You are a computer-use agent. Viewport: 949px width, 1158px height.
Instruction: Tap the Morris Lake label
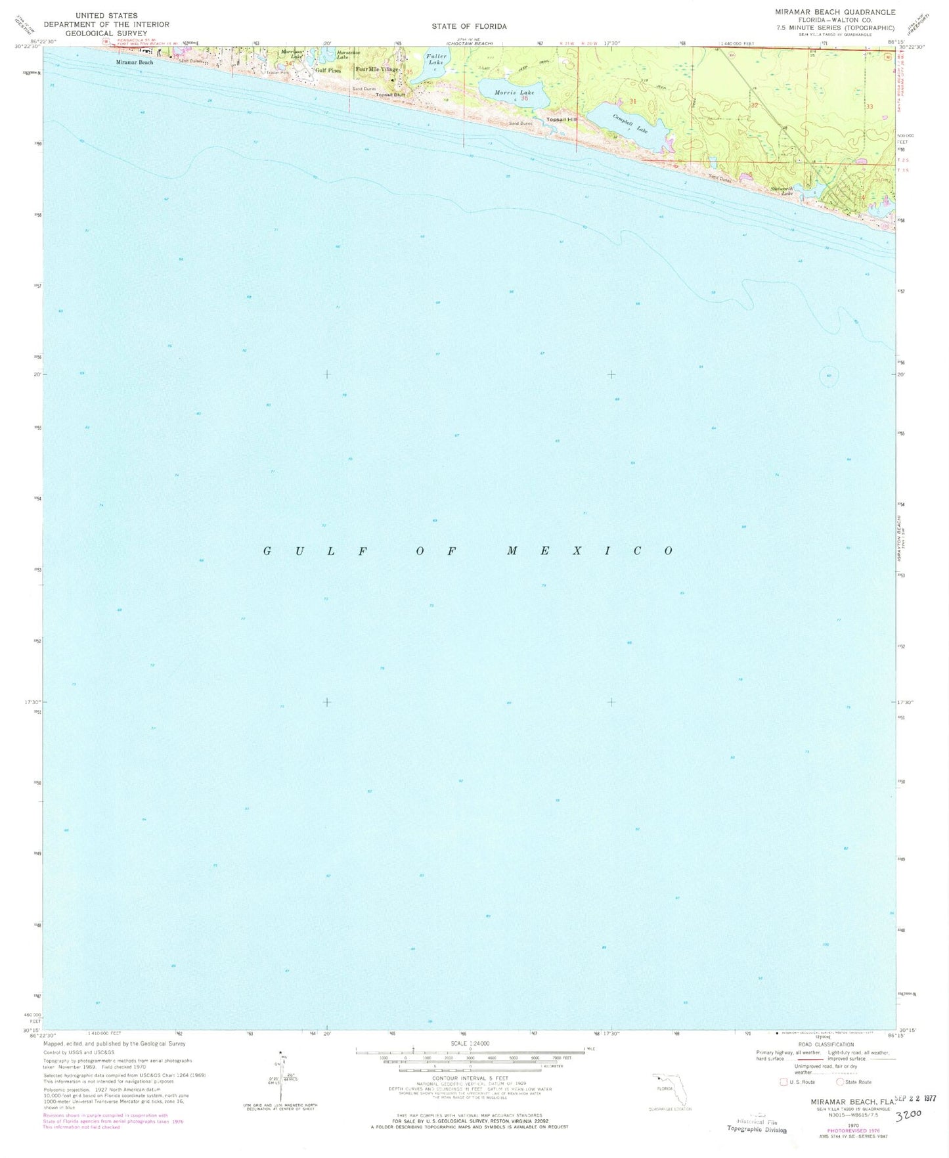514,93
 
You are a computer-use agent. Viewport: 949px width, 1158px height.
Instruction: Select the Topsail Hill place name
562,120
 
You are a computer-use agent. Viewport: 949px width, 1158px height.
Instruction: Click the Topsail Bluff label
390,95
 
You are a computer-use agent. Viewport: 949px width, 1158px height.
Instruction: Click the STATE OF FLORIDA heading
469,26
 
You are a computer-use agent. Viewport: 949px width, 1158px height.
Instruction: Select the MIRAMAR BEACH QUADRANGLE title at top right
843,12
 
